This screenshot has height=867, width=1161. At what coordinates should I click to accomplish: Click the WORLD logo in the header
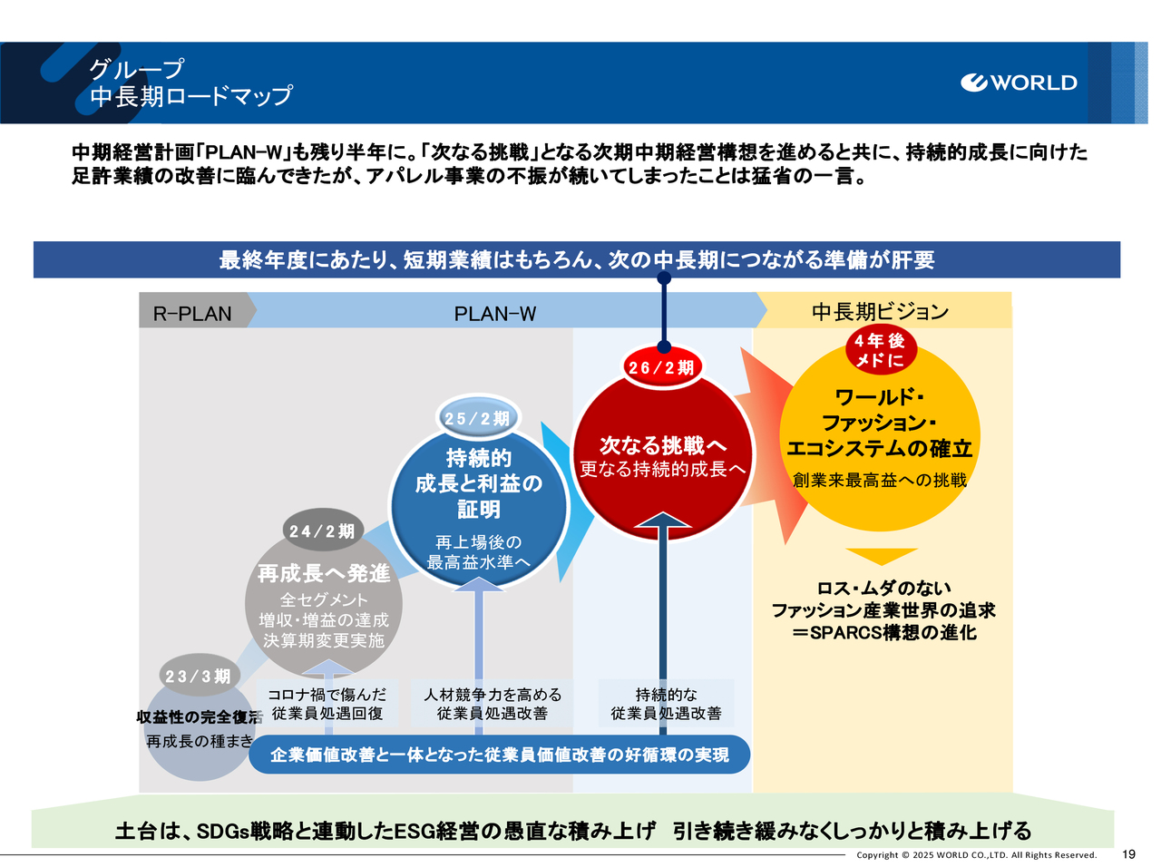click(1019, 83)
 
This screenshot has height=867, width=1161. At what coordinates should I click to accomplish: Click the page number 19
click(1128, 854)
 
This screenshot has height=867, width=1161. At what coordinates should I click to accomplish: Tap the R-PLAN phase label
click(192, 314)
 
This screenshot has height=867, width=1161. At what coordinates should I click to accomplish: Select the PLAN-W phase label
click(495, 314)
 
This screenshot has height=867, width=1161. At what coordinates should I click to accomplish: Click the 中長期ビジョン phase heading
click(880, 312)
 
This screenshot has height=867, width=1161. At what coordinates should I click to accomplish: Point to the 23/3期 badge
click(198, 677)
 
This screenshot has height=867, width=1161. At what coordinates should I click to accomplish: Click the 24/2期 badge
click(322, 531)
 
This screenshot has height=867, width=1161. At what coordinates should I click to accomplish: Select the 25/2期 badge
click(477, 418)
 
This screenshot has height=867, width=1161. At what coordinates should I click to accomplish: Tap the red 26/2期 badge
click(661, 367)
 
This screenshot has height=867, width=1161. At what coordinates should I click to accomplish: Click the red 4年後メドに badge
click(879, 350)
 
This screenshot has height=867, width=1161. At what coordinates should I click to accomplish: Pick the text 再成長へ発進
click(324, 573)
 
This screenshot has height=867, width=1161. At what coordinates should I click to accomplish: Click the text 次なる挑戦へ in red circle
click(663, 445)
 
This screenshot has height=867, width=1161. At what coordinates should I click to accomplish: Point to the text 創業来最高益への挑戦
click(880, 481)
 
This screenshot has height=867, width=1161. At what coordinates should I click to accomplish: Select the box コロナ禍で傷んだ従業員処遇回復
click(327, 704)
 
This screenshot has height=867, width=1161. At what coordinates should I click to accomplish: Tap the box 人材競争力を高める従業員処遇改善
click(493, 704)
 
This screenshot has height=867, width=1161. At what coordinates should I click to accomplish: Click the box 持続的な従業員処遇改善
click(666, 704)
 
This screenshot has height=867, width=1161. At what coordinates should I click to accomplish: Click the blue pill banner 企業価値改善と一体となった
click(499, 755)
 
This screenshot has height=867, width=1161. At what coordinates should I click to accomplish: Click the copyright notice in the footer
click(976, 855)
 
